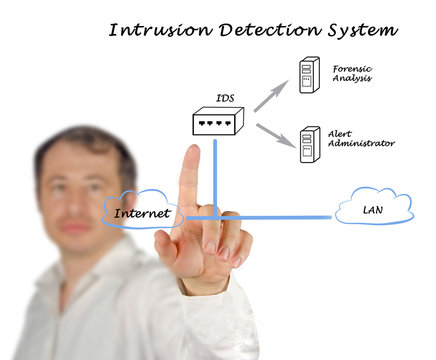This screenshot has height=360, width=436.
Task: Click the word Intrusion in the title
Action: [156, 29]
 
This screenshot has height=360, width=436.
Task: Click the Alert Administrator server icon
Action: [309, 144]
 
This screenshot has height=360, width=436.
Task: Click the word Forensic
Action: [351, 67]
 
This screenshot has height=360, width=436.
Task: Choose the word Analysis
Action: [352, 79]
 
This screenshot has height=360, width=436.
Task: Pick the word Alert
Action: [339, 133]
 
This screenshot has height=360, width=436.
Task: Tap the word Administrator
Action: [361, 144]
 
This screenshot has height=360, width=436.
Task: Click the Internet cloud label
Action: [141, 212]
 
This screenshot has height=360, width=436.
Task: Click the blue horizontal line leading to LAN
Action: [290, 216]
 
